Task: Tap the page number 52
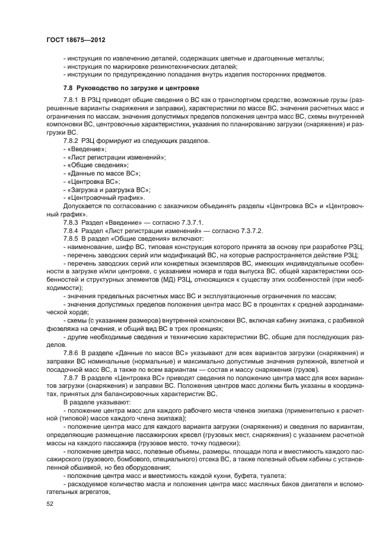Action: (50, 504)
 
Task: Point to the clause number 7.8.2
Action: (71, 143)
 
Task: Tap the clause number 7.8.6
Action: (71, 352)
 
